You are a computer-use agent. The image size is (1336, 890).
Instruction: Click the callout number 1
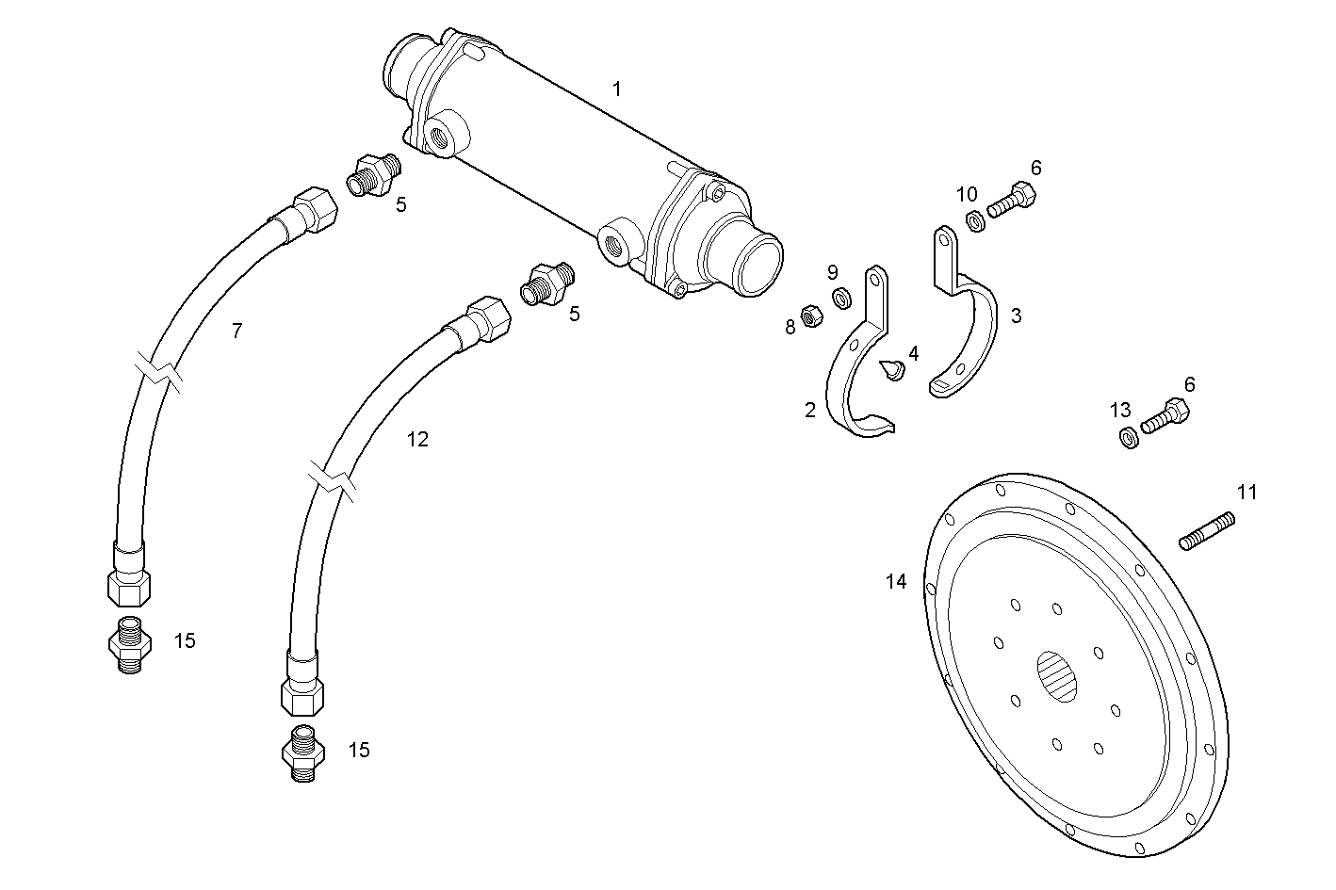(x=616, y=89)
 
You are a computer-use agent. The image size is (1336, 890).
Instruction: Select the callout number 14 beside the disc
(x=895, y=582)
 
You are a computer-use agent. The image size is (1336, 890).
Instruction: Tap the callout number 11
(x=1246, y=492)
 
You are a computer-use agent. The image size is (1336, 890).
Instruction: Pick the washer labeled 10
(x=976, y=221)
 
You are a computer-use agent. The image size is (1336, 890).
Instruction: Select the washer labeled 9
(x=840, y=299)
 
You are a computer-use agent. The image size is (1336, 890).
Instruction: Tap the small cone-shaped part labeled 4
(x=891, y=370)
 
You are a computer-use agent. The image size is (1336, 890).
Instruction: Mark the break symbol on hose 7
(x=160, y=368)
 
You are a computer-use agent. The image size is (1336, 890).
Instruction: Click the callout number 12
(x=417, y=439)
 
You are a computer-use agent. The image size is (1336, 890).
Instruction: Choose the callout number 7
(x=236, y=331)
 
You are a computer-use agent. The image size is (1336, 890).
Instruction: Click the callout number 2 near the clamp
(x=809, y=411)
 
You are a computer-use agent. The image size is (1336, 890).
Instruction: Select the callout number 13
(x=1119, y=411)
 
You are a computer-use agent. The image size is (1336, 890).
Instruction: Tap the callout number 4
(x=912, y=354)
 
